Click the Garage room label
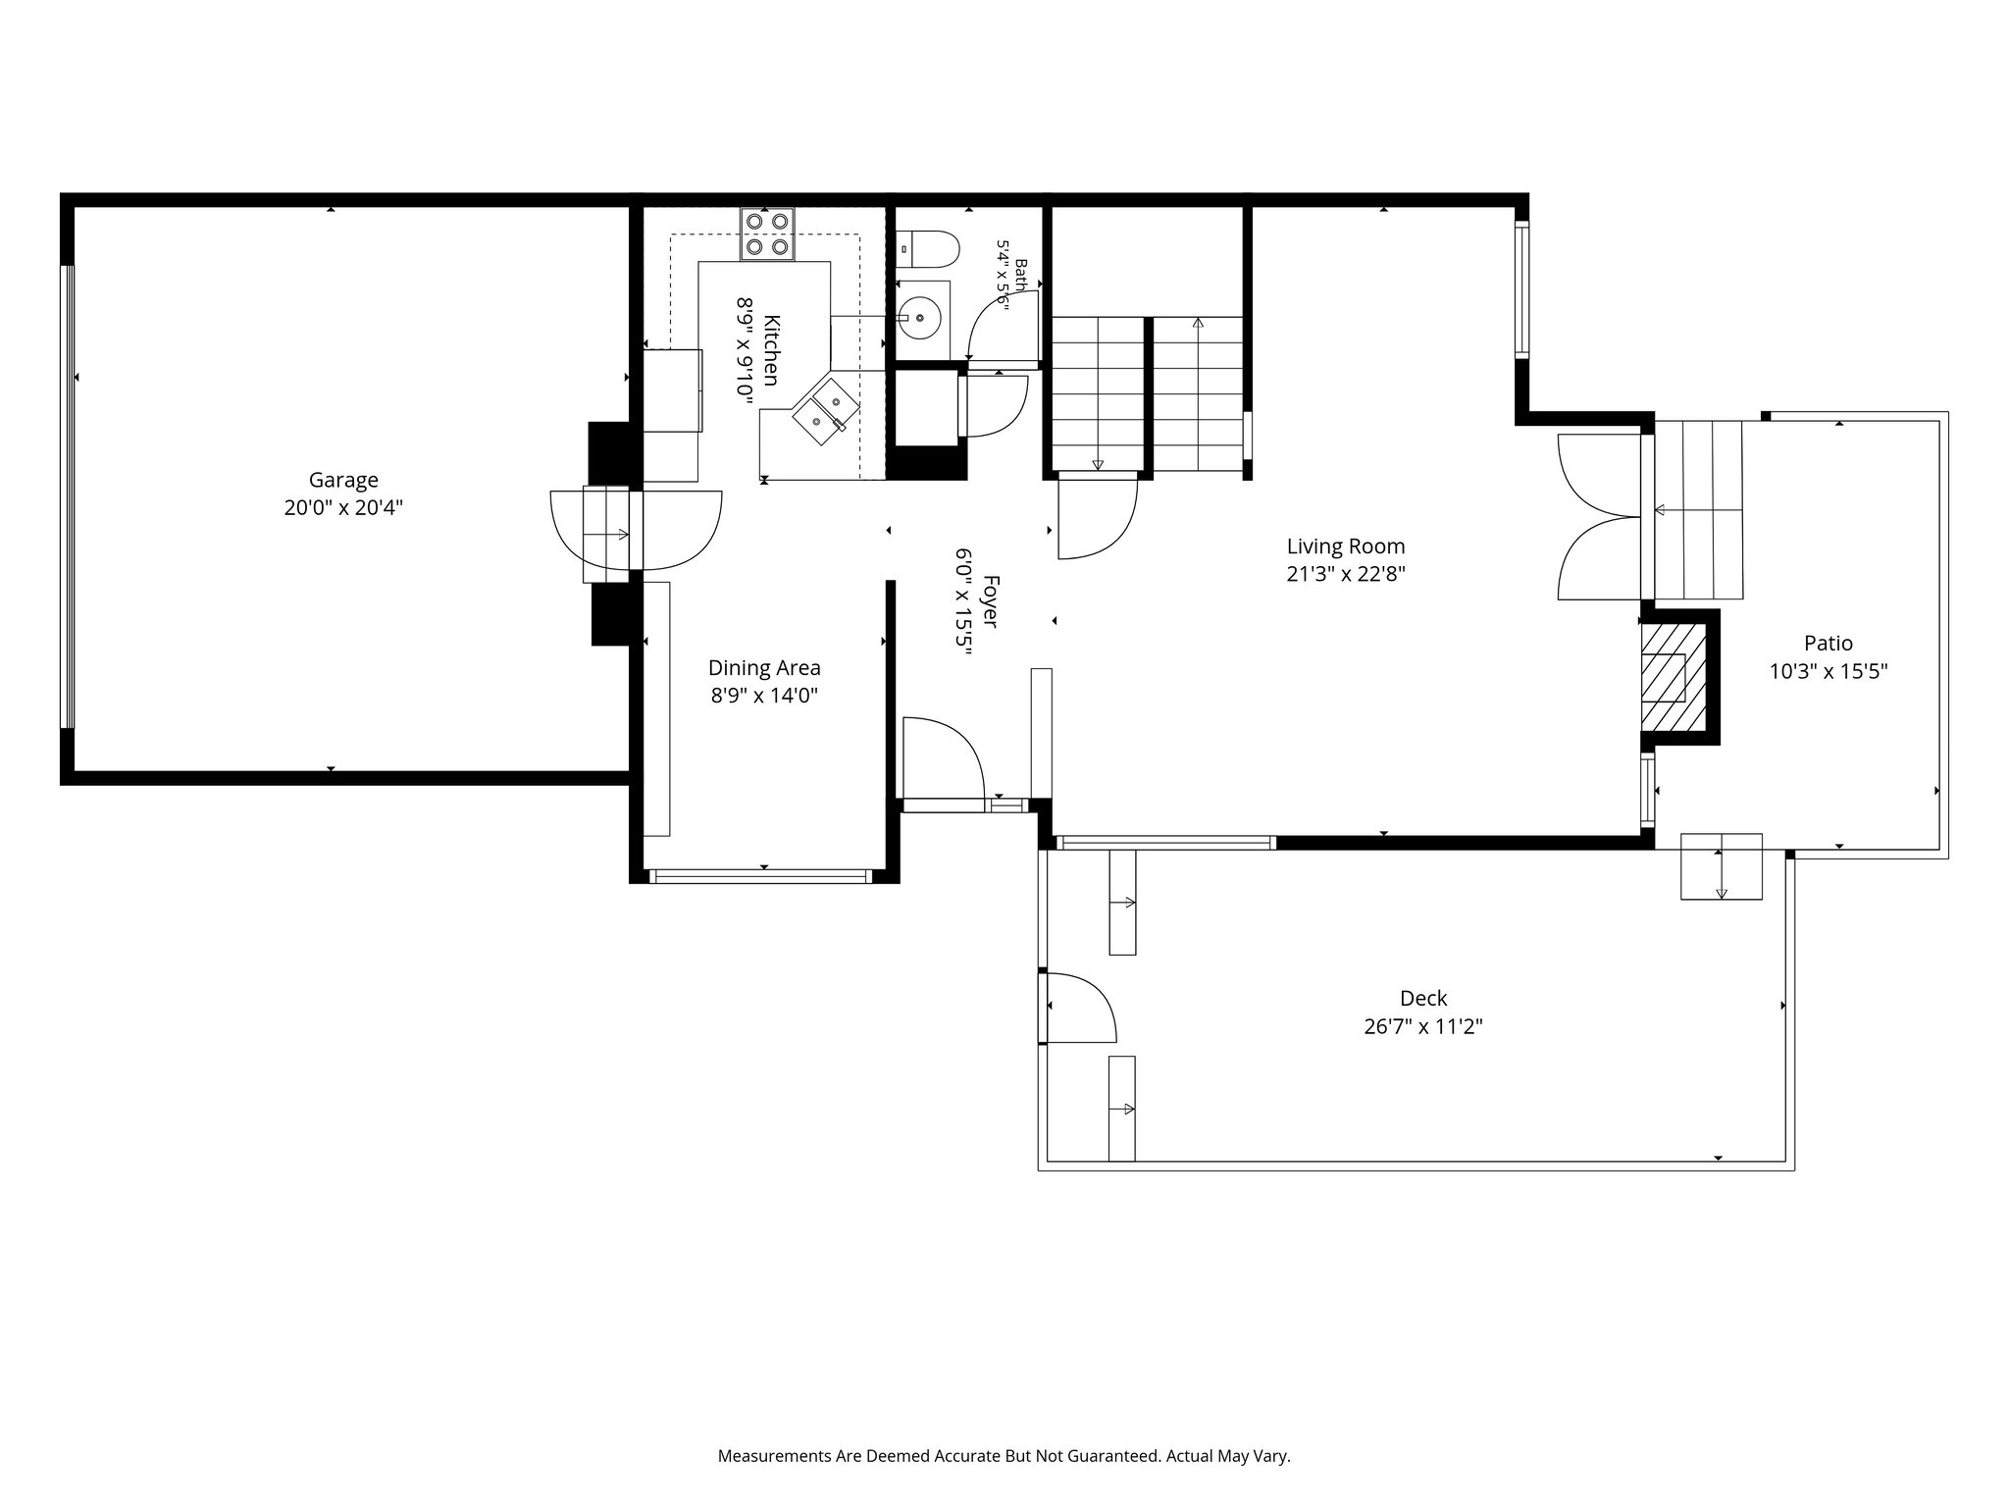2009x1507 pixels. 343,480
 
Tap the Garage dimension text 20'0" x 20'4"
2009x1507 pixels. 343,508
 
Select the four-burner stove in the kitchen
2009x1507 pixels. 767,234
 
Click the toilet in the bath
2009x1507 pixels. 927,249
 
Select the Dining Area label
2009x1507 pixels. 764,668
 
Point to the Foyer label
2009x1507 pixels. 991,601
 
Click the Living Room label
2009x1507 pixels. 1346,546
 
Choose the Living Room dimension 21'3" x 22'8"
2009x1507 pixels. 1346,575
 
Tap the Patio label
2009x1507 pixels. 1829,644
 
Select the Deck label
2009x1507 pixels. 1423,999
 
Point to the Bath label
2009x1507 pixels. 1021,274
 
